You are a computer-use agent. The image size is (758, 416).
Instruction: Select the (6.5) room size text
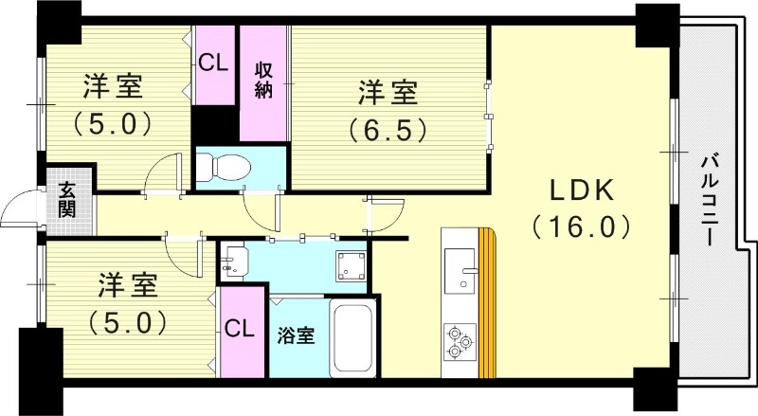(386, 127)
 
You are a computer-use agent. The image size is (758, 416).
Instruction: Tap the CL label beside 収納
(214, 63)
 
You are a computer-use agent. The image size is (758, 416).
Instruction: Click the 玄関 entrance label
(68, 201)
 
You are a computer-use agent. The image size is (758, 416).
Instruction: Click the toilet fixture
(223, 167)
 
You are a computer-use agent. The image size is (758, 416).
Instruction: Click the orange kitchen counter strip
(487, 303)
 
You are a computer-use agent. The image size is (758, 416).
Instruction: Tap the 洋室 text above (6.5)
(386, 93)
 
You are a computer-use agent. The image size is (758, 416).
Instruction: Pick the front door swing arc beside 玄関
(21, 213)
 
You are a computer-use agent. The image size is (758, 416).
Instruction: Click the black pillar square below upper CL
(214, 123)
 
